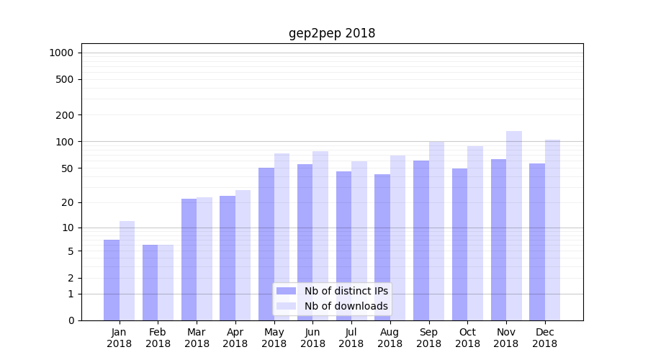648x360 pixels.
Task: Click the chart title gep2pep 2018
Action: click(332, 33)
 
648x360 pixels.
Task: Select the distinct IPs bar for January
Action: click(112, 280)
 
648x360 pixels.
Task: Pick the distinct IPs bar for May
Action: click(266, 244)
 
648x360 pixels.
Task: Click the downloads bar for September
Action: click(436, 230)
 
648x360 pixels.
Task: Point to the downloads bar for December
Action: click(552, 230)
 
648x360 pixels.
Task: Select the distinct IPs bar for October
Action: click(459, 244)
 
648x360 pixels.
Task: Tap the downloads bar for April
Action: click(243, 255)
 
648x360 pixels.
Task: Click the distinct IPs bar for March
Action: click(189, 259)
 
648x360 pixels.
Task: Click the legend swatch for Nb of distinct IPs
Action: click(286, 291)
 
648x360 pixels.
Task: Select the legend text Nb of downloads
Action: click(346, 306)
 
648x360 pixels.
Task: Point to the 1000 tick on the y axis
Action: click(61, 53)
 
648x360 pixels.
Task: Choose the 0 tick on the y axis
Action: click(71, 320)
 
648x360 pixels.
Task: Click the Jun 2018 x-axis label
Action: click(312, 338)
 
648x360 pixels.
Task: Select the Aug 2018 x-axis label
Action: click(390, 338)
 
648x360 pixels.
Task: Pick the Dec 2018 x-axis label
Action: click(544, 338)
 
